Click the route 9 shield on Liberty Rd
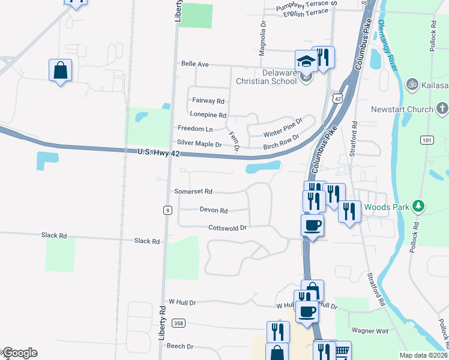[167, 209]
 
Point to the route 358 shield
[178, 323]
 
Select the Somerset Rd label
[193, 191]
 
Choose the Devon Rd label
[214, 211]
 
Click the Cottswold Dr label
[228, 228]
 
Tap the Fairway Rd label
[208, 101]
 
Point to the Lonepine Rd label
[208, 115]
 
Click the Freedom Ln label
[195, 128]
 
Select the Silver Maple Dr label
[200, 143]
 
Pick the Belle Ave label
[194, 64]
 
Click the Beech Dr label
[180, 346]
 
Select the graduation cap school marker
[306, 61]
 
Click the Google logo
[19, 353]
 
